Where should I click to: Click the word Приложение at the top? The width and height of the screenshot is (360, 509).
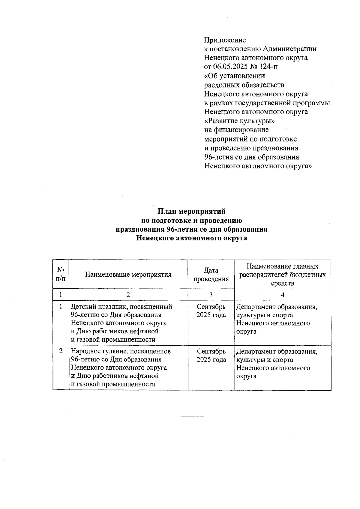225,40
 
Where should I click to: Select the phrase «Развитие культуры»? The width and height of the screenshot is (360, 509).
239,121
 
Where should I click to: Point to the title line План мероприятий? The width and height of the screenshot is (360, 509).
191,211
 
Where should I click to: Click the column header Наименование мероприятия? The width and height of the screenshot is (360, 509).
128,275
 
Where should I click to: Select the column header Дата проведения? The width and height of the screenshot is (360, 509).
211,275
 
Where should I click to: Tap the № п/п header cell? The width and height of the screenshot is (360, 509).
61,274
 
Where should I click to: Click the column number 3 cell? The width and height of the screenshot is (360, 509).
211,295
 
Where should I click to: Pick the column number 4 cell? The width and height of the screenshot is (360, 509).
283,295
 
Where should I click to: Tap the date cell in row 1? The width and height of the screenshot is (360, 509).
211,311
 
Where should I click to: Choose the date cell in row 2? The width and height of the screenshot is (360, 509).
211,356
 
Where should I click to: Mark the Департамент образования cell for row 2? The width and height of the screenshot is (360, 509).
277,363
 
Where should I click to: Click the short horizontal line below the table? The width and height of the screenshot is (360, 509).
192,417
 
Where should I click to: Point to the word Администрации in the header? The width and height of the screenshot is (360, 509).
289,49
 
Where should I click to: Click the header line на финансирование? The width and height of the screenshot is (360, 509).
236,130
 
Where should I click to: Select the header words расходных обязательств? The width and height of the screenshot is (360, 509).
244,85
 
